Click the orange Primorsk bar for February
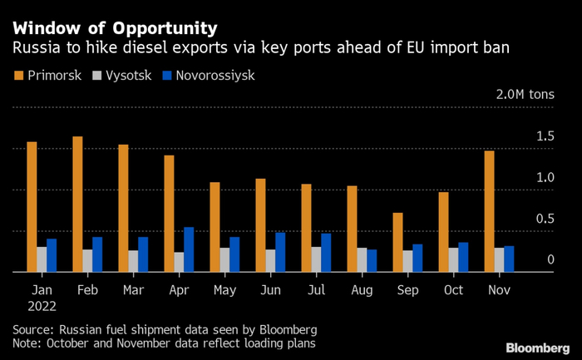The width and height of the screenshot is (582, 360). pos(77,204)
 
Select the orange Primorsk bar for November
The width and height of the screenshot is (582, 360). pos(489,211)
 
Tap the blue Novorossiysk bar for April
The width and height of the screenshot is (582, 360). pos(189,249)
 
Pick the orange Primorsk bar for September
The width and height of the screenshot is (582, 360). pos(397,242)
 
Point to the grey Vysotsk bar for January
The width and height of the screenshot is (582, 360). pos(42,259)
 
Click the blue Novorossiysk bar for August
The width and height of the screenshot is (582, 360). pos(372,260)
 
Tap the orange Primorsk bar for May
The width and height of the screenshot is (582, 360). pos(215,226)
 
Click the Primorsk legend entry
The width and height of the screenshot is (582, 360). pos(49,76)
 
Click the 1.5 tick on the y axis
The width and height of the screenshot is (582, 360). pos(545,136)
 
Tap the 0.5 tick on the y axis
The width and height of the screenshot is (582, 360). pos(545,219)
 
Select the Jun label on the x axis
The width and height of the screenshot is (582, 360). pos(270,291)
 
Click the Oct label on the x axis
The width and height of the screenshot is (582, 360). pos(453,291)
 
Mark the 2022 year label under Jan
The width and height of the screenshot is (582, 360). pos(44,306)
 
